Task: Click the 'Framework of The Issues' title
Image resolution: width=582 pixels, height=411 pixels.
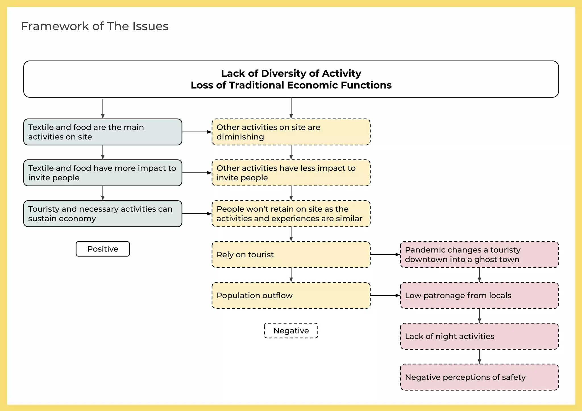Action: pyautogui.click(x=95, y=26)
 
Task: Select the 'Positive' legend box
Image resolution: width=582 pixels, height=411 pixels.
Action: pyautogui.click(x=103, y=249)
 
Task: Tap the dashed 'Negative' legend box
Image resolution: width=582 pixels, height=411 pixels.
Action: pyautogui.click(x=291, y=331)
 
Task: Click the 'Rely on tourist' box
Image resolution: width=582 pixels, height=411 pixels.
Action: pyautogui.click(x=291, y=254)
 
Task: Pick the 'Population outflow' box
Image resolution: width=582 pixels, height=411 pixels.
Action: pyautogui.click(x=291, y=295)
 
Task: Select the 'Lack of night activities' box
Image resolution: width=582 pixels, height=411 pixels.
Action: pyautogui.click(x=479, y=336)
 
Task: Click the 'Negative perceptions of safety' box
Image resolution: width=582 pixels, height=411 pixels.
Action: pyautogui.click(x=479, y=377)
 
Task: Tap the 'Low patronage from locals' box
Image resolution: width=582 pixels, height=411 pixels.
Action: pyautogui.click(x=479, y=295)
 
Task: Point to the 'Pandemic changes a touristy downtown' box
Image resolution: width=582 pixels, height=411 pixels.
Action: pyautogui.click(x=479, y=254)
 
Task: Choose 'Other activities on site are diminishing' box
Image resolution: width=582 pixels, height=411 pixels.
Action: pyautogui.click(x=291, y=132)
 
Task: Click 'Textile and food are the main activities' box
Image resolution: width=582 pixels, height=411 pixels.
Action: pyautogui.click(x=103, y=132)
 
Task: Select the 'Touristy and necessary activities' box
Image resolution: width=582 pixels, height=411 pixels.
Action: pyautogui.click(x=103, y=214)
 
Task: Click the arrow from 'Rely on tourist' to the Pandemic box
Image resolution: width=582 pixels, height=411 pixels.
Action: pyautogui.click(x=385, y=254)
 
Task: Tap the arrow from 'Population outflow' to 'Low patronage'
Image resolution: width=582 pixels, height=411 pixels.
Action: pyautogui.click(x=385, y=295)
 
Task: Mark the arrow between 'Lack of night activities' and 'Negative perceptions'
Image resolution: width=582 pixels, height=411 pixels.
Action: pyautogui.click(x=479, y=356)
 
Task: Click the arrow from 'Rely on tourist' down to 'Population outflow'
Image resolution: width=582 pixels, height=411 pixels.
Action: pyautogui.click(x=291, y=275)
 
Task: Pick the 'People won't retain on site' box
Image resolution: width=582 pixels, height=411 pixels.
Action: pyautogui.click(x=291, y=214)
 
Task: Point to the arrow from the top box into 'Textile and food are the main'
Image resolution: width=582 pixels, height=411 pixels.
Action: pyautogui.click(x=103, y=109)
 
